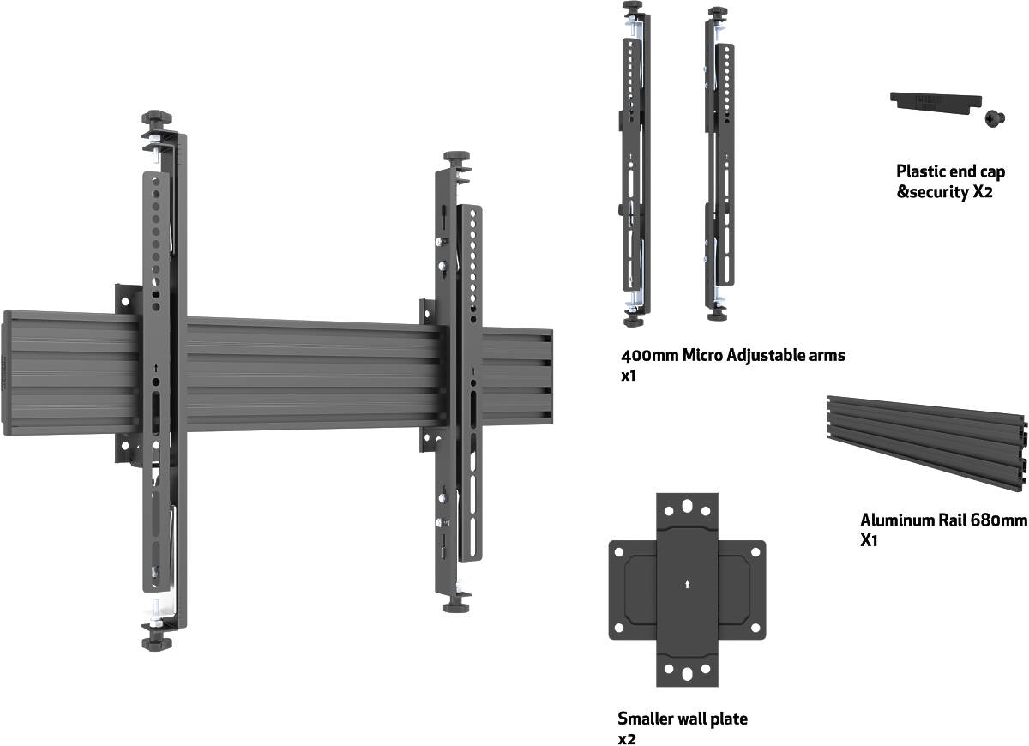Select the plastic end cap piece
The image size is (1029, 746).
pyautogui.click(x=932, y=100)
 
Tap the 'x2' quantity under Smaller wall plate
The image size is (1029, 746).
pyautogui.click(x=626, y=738)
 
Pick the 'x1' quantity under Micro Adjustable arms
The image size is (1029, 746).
pyautogui.click(x=627, y=376)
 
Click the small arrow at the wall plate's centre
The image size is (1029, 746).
pyautogui.click(x=687, y=586)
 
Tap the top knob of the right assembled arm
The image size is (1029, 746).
pyautogui.click(x=455, y=159)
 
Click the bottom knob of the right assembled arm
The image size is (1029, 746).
pyautogui.click(x=455, y=606)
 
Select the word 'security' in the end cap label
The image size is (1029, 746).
pyautogui.click(x=933, y=193)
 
